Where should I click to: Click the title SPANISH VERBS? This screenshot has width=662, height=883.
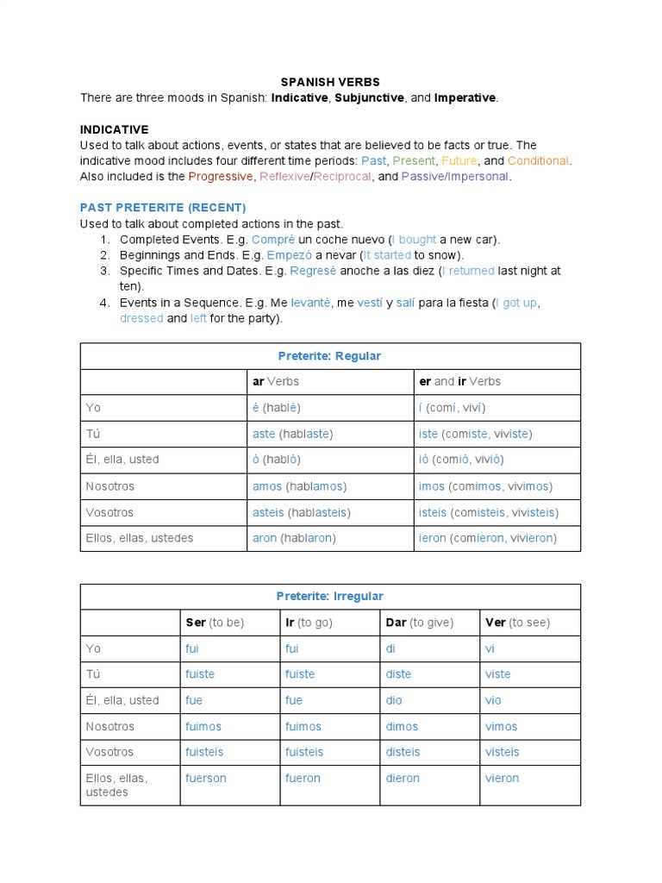[330, 82]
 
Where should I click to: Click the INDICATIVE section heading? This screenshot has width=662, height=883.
[114, 129]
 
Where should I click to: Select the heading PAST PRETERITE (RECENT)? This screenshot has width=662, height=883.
[163, 208]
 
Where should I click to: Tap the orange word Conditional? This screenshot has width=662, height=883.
[538, 161]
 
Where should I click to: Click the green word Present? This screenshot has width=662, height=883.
[414, 161]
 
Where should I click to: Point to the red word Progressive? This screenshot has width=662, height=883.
[222, 177]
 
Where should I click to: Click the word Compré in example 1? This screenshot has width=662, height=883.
[273, 240]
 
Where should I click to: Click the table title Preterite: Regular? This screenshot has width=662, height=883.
[329, 356]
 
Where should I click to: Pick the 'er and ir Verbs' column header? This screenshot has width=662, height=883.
[459, 381]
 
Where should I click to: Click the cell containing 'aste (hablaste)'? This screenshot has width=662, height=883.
[292, 434]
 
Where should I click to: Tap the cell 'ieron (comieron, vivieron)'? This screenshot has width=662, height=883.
[488, 538]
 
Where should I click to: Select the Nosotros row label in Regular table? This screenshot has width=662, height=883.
[110, 486]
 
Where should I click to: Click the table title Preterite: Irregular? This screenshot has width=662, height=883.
[329, 597]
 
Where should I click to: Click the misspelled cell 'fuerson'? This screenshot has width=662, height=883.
[206, 778]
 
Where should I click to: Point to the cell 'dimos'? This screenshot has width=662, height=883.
[402, 726]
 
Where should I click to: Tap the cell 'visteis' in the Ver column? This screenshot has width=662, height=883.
[503, 752]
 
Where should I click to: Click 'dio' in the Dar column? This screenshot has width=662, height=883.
[394, 700]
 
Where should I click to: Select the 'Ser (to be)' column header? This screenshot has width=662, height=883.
[215, 623]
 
